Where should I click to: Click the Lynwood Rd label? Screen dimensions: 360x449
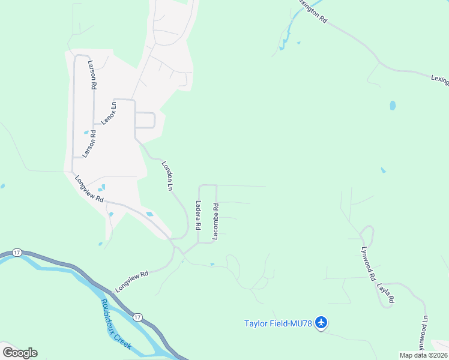click(x=367, y=267)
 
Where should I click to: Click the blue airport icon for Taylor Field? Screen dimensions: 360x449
click(x=321, y=323)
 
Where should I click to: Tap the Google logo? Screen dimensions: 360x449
click(x=20, y=352)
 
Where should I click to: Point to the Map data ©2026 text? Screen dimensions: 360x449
click(x=423, y=355)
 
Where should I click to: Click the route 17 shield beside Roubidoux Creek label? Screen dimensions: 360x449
click(x=137, y=316)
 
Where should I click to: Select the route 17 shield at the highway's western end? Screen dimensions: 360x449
click(x=16, y=253)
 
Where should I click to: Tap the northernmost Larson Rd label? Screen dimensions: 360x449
click(x=92, y=75)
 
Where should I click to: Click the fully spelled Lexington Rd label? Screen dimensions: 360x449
click(x=312, y=10)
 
